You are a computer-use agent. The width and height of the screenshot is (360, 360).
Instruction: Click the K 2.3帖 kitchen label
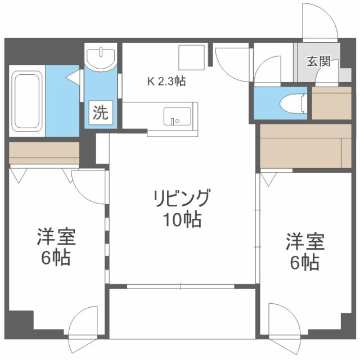(166, 80)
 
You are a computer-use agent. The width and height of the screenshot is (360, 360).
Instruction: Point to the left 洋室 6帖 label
(55, 247)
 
